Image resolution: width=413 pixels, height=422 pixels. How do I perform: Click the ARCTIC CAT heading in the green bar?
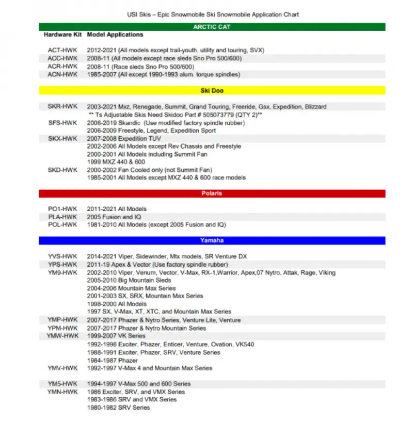click(x=212, y=27)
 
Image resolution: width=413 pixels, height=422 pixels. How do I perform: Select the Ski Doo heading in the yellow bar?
click(x=212, y=90)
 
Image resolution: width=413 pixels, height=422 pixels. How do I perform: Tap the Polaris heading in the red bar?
click(x=212, y=193)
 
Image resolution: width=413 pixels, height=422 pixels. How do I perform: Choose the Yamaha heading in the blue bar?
click(x=212, y=240)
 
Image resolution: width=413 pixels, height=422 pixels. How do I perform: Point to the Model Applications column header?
click(x=115, y=35)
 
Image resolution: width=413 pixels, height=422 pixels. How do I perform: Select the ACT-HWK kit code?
click(x=62, y=51)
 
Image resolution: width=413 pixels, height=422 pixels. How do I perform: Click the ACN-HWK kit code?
click(x=62, y=74)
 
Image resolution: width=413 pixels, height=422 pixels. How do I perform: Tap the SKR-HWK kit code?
click(x=62, y=107)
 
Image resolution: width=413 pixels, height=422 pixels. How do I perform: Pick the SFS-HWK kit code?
click(x=62, y=123)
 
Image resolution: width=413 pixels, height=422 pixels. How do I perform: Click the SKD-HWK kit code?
click(x=62, y=170)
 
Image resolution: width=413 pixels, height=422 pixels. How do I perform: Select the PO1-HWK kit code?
click(x=62, y=209)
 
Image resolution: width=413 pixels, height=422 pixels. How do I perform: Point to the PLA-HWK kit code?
click(x=62, y=217)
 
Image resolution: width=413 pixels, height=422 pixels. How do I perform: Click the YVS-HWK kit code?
click(x=62, y=256)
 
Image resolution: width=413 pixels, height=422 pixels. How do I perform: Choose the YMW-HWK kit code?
click(x=62, y=336)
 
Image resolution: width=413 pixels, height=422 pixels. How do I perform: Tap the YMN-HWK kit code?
click(x=62, y=392)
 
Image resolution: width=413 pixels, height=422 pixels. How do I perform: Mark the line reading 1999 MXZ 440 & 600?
click(x=116, y=162)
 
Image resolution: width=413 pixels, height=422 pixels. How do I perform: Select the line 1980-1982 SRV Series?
click(x=118, y=408)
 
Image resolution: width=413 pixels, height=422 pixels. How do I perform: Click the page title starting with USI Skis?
click(x=213, y=14)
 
